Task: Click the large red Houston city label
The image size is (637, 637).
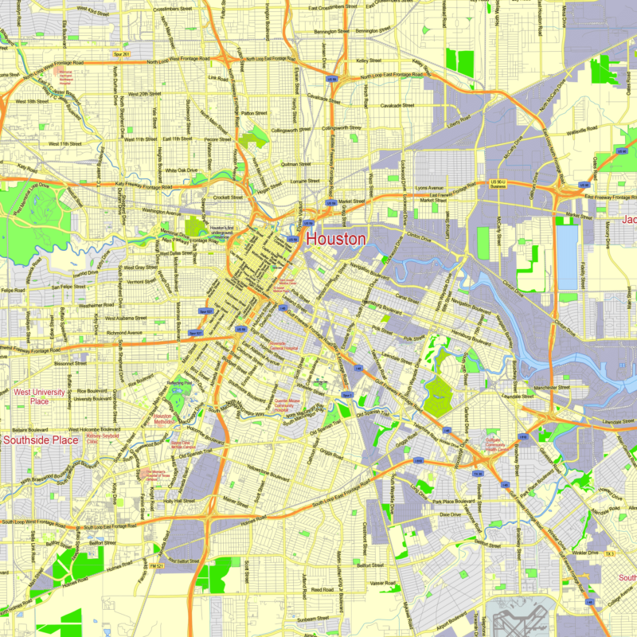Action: coord(336,238)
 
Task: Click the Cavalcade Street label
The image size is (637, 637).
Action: coord(397,105)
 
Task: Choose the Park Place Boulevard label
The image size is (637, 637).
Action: coord(454,502)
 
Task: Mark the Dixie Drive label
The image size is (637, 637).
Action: coord(450,514)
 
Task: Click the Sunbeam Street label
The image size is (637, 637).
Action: coord(312,617)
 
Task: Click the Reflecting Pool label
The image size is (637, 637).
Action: coord(179,383)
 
